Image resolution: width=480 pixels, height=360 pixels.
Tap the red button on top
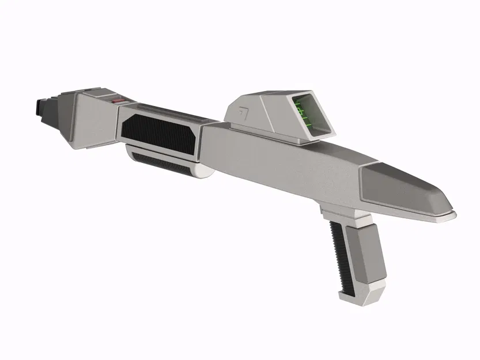(118, 101)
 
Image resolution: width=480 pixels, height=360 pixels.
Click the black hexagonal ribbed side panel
(158, 134)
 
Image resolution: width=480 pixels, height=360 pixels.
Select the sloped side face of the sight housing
(277, 115)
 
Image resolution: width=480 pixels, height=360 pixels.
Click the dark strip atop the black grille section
(167, 112)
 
